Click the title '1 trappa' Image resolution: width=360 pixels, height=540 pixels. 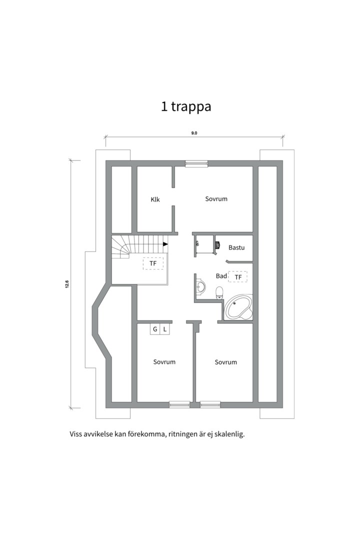pos(186,106)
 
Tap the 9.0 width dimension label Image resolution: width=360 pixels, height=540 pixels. pos(194,133)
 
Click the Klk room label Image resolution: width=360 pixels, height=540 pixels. pos(155,199)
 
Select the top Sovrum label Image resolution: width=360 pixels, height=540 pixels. pos(216,198)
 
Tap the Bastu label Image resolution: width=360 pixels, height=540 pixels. pos(236,247)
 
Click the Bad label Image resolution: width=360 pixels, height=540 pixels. pos(221,276)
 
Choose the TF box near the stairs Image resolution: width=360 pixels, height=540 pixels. pos(153,263)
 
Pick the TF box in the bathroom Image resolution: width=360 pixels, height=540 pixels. pos(238,277)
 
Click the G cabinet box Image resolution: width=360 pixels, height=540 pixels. pos(155,329)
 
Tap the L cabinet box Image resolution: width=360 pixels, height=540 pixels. pos(165,329)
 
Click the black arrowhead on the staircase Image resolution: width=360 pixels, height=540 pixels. pos(165,244)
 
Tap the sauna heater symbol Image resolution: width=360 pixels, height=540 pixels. pos(218,245)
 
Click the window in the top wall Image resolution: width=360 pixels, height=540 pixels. pos(196,163)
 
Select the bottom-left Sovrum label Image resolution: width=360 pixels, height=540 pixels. pos(164,362)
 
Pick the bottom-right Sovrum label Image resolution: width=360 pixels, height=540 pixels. pos(226,362)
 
